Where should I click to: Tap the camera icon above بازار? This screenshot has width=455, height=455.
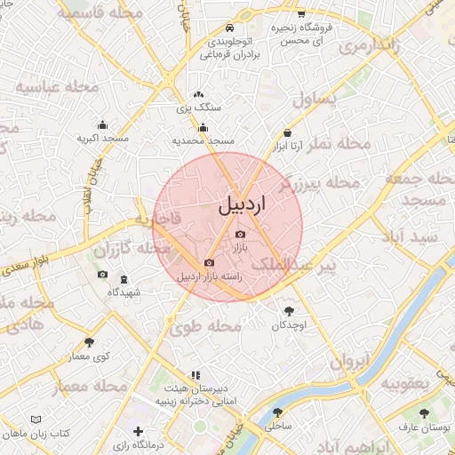coord(241,234)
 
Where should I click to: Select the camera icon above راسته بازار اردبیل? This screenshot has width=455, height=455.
coord(209,262)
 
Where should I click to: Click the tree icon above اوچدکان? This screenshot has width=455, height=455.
coord(290,310)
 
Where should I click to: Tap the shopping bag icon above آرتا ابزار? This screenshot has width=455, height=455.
coord(287,131)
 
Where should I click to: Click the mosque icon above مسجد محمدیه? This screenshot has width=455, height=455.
coord(204,127)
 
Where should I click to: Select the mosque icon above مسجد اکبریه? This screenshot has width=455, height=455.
coord(102,125)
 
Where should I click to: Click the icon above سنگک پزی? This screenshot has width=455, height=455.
coord(198,93)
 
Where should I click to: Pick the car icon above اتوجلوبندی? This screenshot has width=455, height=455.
coord(230,28)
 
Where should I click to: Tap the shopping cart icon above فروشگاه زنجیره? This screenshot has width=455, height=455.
coord(301,14)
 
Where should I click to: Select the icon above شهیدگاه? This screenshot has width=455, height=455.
coord(124,279)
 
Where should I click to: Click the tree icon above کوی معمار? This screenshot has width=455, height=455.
coord(88,341)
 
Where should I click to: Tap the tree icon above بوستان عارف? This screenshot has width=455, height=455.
coord(424,413)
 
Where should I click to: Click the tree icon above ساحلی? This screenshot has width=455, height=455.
coord(278,412)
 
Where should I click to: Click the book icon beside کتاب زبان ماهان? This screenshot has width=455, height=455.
coord(36,419)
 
